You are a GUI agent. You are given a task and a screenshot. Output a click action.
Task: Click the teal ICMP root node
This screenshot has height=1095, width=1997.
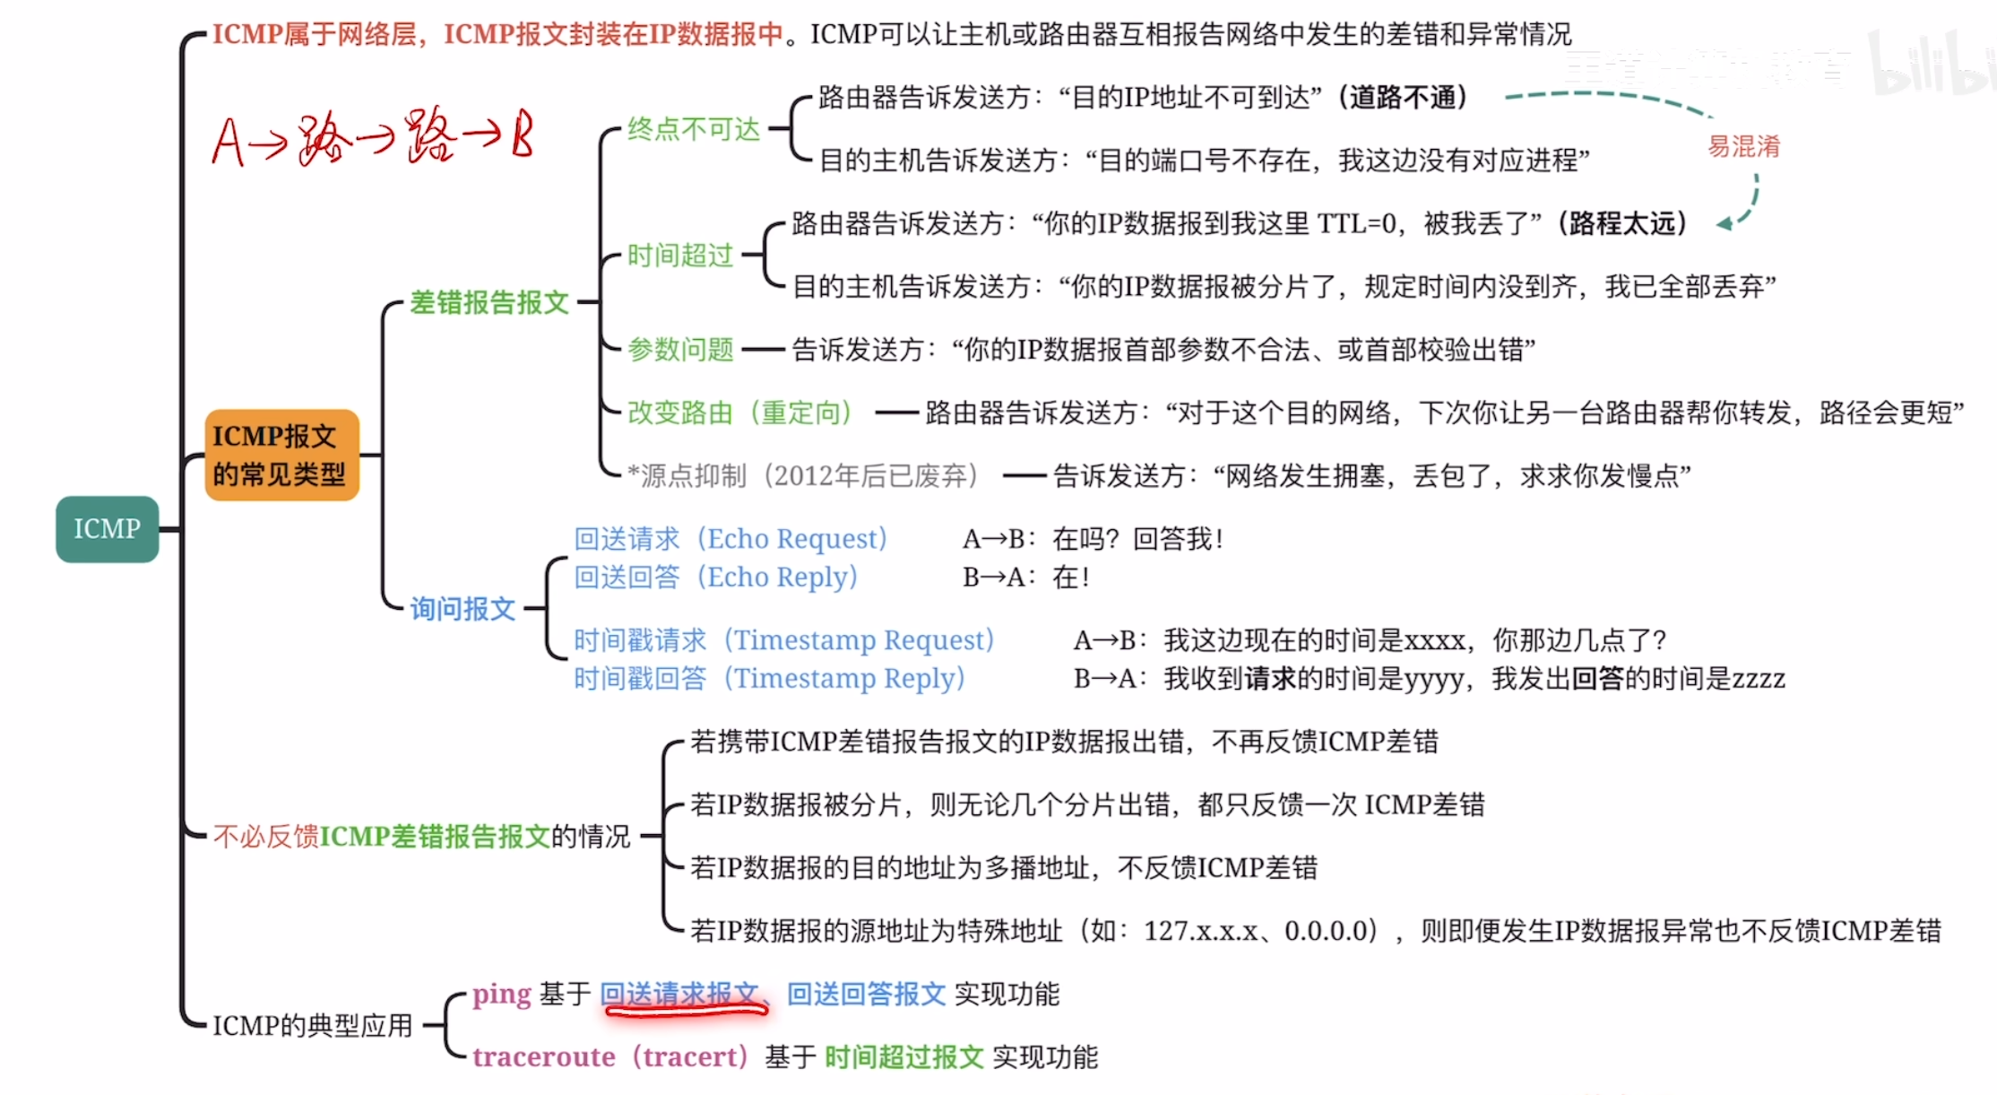coord(107,529)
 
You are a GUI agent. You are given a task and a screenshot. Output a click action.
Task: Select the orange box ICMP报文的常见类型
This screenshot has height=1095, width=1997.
coord(281,455)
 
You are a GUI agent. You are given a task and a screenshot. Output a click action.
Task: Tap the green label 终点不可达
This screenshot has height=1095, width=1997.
coord(693,129)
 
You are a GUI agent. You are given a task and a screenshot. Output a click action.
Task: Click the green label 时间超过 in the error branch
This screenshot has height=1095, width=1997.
coord(679,256)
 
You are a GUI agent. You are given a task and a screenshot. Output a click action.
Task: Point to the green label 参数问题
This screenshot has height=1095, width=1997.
coord(680,349)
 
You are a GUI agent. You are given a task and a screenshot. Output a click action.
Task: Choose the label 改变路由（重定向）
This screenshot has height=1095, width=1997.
coord(739,413)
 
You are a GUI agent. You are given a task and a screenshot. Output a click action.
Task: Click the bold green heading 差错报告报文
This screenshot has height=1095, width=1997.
coord(489,302)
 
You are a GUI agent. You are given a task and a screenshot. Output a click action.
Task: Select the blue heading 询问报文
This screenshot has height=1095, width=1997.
coord(463,609)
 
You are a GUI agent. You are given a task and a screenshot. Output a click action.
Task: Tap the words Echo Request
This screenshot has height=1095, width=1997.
coord(791,539)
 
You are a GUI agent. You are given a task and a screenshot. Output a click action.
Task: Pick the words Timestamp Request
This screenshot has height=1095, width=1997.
coord(858,640)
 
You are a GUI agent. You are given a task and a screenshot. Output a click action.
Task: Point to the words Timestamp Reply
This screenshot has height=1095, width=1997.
coord(843,679)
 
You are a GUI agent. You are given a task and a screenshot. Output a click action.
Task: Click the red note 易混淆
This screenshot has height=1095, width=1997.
coord(1743,146)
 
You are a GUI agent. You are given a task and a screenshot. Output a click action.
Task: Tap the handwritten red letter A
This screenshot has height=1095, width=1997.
coord(228,143)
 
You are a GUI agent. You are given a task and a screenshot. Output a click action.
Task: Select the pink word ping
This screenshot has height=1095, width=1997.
coord(502,994)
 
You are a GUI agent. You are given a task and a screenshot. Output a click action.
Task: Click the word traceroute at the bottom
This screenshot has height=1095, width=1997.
coord(543,1057)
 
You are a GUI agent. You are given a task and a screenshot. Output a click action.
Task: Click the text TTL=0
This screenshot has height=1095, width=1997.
coord(1356,223)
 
